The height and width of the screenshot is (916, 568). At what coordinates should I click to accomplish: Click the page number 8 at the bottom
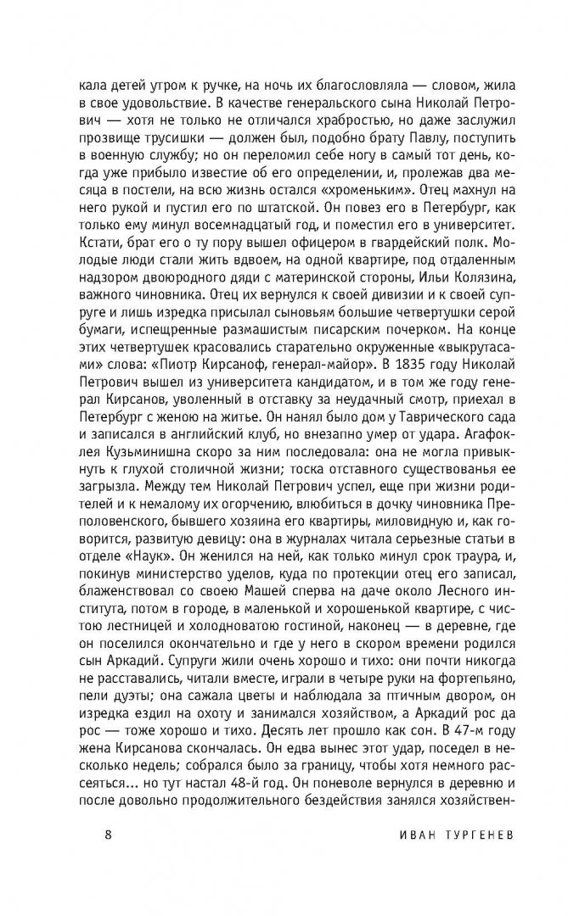pos(108,854)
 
